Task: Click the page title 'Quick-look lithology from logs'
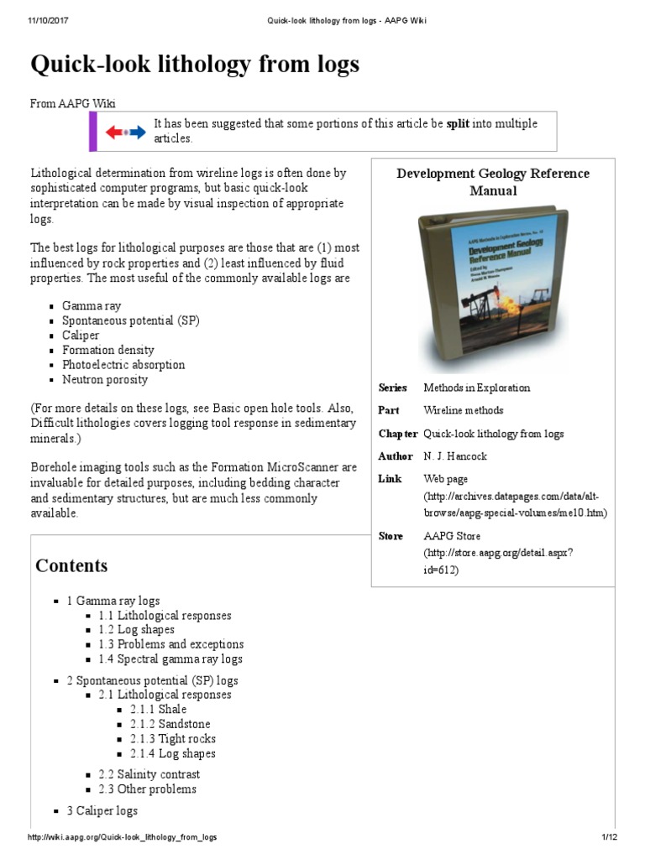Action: [x=195, y=64]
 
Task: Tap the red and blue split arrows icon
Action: [x=124, y=132]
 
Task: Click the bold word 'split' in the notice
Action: [x=457, y=123]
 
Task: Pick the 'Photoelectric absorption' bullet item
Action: [x=123, y=365]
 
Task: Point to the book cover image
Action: [x=493, y=289]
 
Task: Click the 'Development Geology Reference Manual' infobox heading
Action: [x=493, y=182]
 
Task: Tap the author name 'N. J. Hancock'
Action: [x=455, y=456]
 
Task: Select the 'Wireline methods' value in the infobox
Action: [x=464, y=410]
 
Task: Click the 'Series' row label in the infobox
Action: [x=392, y=388]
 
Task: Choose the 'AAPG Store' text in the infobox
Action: [x=453, y=535]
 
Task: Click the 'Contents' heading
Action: [x=71, y=565]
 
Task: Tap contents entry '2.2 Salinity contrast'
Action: [x=149, y=774]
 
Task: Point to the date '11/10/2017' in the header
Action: [x=46, y=20]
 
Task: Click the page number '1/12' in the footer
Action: [x=609, y=838]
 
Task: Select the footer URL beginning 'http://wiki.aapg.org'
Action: [x=123, y=838]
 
